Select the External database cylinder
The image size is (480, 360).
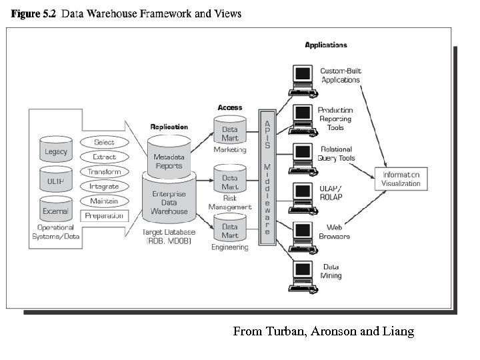click(x=56, y=210)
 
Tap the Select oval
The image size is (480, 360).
click(x=104, y=142)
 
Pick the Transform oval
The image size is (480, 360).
click(x=104, y=171)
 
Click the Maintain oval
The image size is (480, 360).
click(x=104, y=201)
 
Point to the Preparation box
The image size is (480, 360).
click(x=104, y=215)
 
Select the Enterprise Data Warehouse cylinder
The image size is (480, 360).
click(x=169, y=201)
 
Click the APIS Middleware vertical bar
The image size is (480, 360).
click(x=267, y=178)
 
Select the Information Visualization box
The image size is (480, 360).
click(x=401, y=179)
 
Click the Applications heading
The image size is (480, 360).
click(x=326, y=45)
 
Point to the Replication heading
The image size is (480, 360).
click(x=169, y=127)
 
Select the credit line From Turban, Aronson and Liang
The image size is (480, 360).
click(x=323, y=331)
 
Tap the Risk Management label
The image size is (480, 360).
click(x=230, y=202)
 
